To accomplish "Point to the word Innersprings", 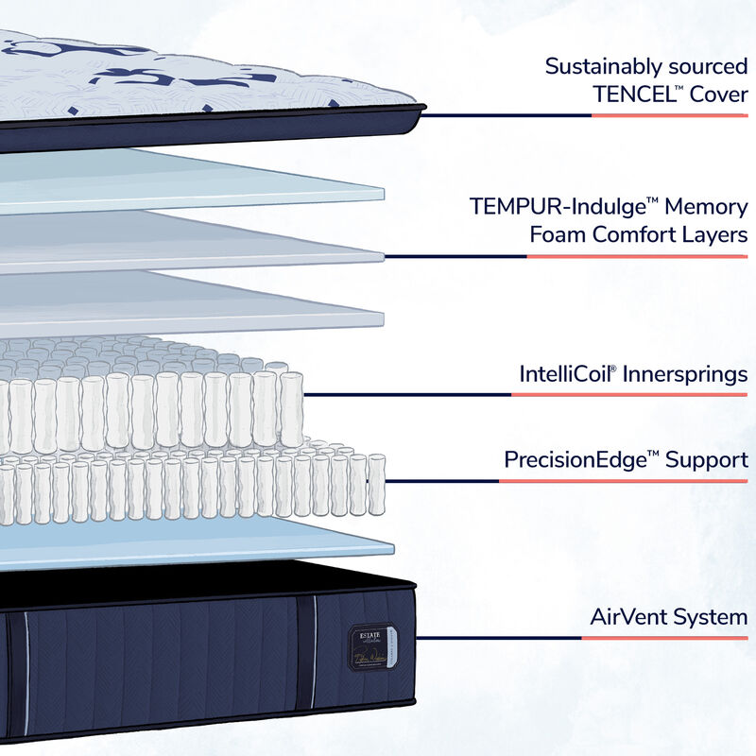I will coord(688,373).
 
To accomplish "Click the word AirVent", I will coord(628,618).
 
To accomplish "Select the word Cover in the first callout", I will coord(715,96).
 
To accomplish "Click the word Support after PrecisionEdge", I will coord(707,461).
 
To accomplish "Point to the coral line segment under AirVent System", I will coord(664,638).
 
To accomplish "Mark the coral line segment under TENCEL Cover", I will coord(669,116).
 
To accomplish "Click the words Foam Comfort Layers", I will coord(639,235).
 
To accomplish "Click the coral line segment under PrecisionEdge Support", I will coord(624,482).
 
